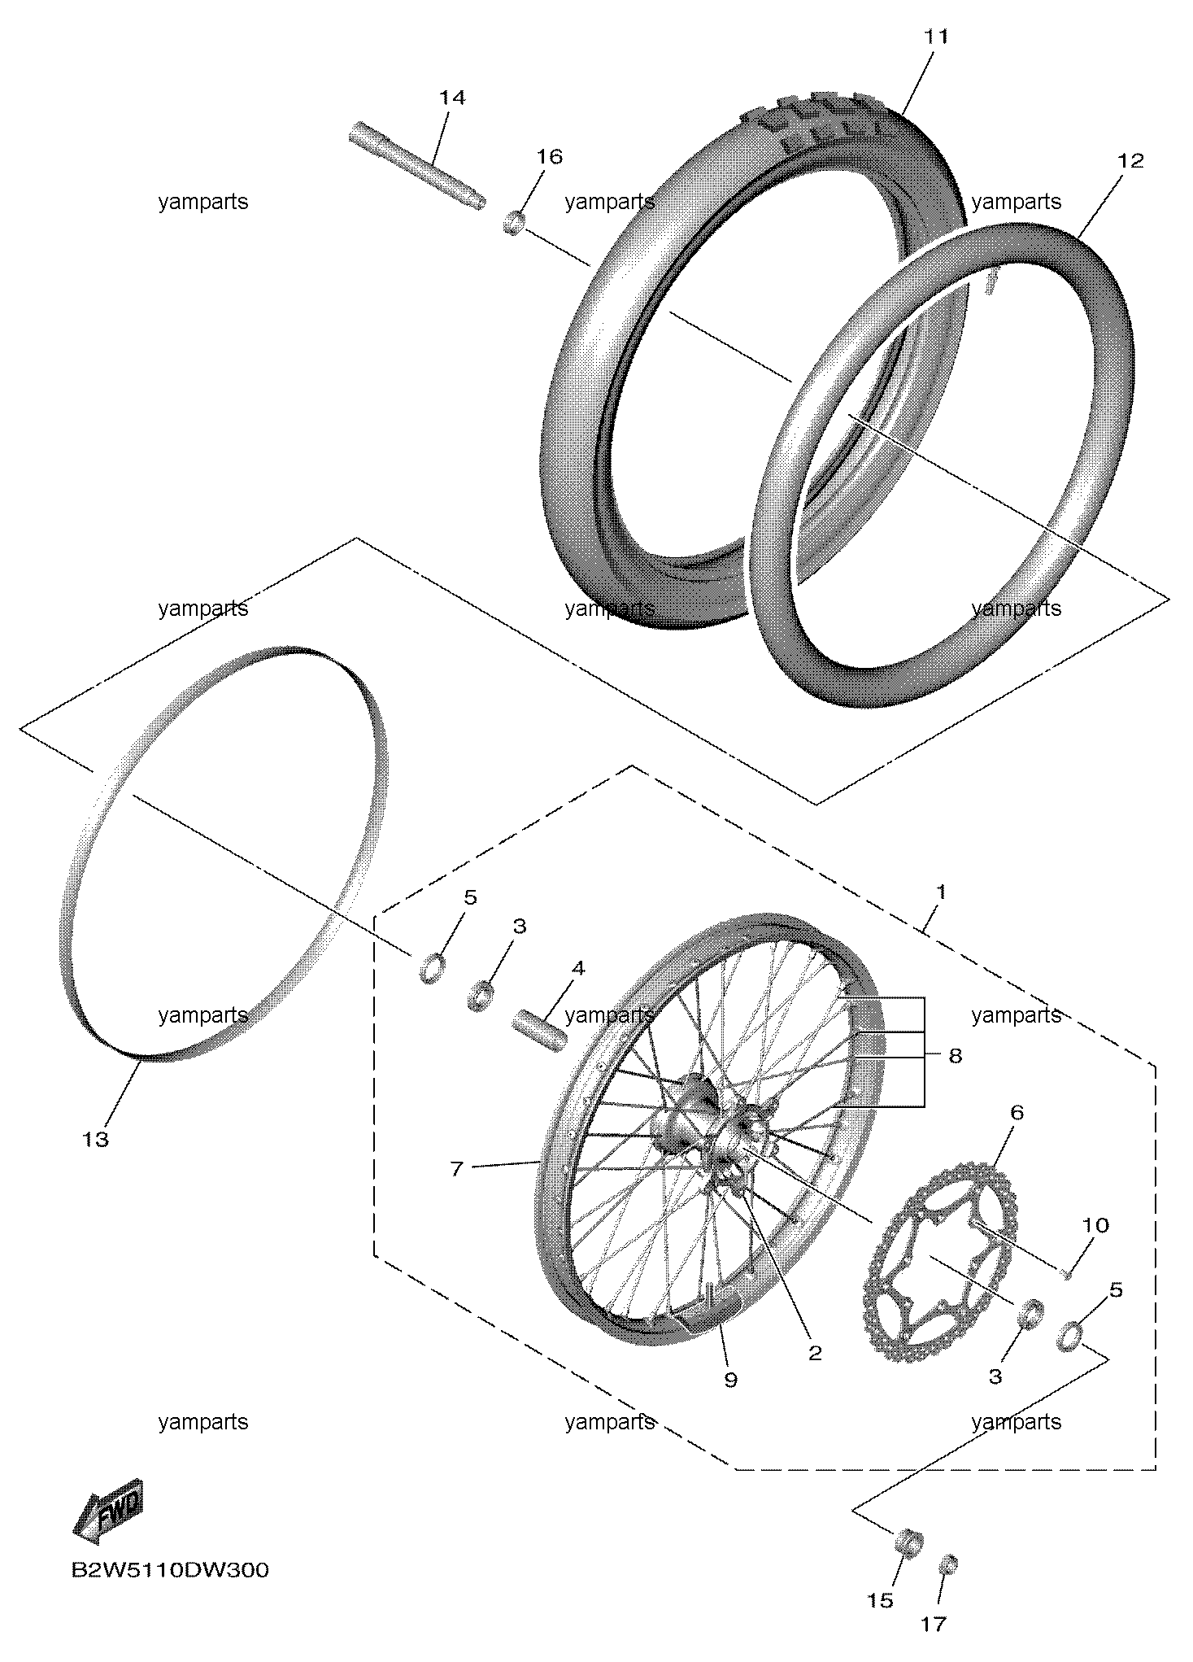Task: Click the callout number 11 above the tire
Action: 937,37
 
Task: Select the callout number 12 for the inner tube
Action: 1131,161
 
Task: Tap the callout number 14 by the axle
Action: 453,98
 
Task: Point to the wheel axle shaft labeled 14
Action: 417,165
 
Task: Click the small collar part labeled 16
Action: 513,222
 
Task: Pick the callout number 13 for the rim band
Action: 95,1140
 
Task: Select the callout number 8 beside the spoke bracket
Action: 956,1056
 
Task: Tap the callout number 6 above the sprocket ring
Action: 1017,1113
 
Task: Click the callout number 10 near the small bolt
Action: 1095,1225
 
